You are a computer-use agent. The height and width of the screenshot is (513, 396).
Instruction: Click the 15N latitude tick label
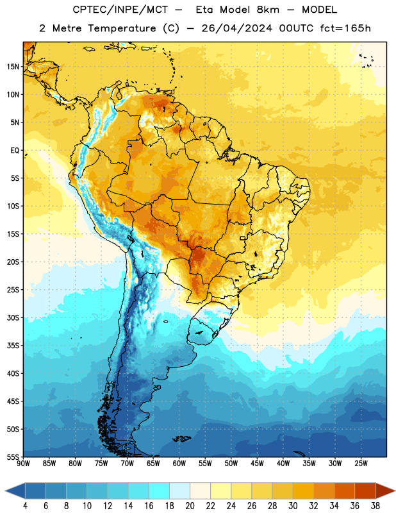pos(13,67)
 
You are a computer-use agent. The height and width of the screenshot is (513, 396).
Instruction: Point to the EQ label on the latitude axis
pos(15,151)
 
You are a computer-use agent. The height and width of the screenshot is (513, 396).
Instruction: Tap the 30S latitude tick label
pos(13,317)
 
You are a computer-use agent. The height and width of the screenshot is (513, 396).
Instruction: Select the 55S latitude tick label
pos(13,457)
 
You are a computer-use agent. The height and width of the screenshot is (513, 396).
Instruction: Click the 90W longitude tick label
pos(23,464)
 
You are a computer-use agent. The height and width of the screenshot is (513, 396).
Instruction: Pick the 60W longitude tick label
pos(179,464)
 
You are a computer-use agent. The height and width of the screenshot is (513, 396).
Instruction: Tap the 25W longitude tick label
pos(361,464)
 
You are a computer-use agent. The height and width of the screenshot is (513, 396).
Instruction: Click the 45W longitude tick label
pos(257,464)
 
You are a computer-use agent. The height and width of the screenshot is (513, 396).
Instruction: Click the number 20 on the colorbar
pos(190,506)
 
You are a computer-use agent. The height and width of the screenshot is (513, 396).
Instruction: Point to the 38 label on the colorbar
pos(375,506)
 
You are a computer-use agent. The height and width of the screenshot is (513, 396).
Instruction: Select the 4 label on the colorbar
pos(25,506)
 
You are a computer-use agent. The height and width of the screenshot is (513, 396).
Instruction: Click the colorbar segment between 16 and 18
pos(159,491)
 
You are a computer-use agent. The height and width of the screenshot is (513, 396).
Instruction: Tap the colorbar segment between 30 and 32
pos(303,491)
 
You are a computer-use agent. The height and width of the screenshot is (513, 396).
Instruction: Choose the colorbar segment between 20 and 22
pos(200,491)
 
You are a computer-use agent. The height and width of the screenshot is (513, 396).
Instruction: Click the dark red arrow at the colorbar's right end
pos(386,491)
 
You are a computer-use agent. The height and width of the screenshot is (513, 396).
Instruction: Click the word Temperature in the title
pos(122,28)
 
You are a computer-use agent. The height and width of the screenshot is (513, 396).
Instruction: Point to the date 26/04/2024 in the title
pos(236,28)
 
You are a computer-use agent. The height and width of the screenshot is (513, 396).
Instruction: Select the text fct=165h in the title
pos(345,28)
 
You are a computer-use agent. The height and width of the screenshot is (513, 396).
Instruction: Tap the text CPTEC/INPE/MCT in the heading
pos(120,10)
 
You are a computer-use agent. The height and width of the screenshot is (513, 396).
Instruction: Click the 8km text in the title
pos(268,10)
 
